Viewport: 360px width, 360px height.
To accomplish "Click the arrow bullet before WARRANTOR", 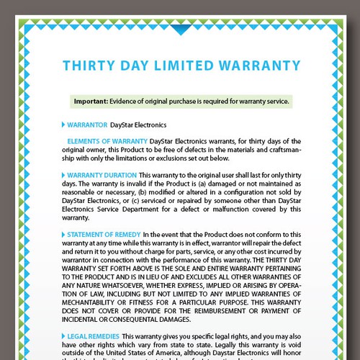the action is [x=63, y=125].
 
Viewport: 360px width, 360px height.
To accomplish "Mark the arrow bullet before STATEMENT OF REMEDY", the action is [x=63, y=235].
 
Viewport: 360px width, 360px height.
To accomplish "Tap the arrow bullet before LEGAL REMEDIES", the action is [x=63, y=337].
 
